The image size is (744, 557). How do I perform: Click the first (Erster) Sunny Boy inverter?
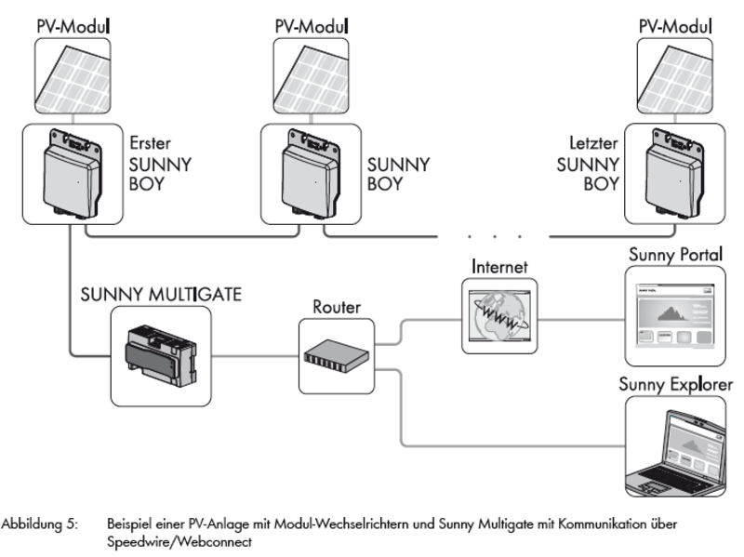pos(70,178)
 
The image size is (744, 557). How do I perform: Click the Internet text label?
pos(500,266)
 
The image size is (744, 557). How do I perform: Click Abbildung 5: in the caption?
pos(46,522)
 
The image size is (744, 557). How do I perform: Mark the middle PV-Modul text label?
pos(312,24)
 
